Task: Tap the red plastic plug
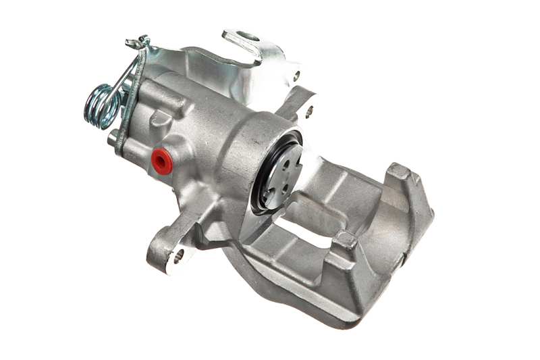[x=161, y=161]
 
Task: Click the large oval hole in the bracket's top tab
[x=249, y=36]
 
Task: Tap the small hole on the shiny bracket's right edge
[x=296, y=76]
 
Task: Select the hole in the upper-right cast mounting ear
[x=309, y=111]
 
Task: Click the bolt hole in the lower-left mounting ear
[x=178, y=255]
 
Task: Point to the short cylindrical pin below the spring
[x=113, y=139]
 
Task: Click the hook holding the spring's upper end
[x=138, y=43]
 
